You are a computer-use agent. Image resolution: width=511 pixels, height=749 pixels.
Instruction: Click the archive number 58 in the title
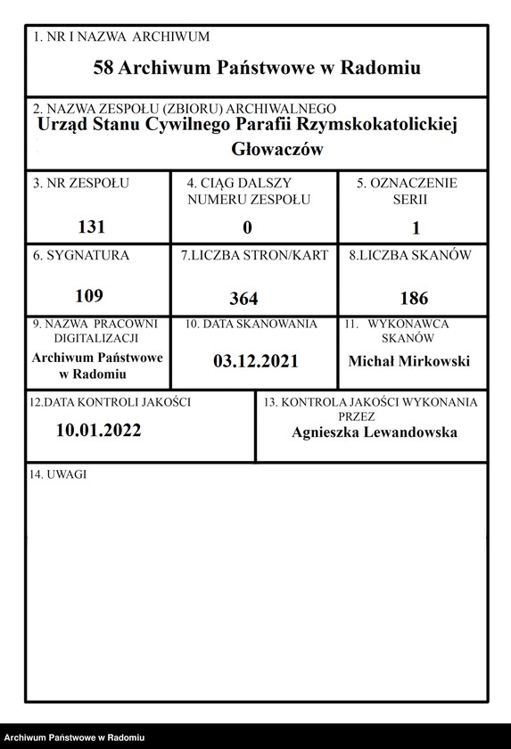(x=104, y=68)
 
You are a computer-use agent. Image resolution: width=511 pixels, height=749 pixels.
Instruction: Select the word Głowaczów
(x=276, y=149)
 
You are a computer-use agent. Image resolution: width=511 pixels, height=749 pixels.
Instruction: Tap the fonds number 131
(x=92, y=226)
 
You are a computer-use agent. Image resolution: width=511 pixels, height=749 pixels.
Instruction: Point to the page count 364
(x=243, y=298)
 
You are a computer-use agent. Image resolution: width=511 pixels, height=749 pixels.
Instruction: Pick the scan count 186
(x=414, y=298)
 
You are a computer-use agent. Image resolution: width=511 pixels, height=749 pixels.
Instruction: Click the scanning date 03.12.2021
(x=255, y=361)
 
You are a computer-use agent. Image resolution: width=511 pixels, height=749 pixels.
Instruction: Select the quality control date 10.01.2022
(x=98, y=430)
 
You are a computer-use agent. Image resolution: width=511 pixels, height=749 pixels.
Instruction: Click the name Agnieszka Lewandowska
(x=375, y=432)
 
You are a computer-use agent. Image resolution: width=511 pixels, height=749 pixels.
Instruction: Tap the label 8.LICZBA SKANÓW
(x=410, y=255)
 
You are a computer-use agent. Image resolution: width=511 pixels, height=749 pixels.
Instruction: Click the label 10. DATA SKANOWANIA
(x=251, y=325)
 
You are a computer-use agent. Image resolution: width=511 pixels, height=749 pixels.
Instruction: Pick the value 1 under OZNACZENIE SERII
(x=416, y=228)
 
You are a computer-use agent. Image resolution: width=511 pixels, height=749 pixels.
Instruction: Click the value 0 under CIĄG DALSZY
(x=248, y=228)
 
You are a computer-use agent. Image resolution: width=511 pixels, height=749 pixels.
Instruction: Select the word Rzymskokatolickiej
(x=383, y=126)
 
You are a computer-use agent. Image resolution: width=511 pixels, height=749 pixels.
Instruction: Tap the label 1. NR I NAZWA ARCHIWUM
(x=120, y=37)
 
